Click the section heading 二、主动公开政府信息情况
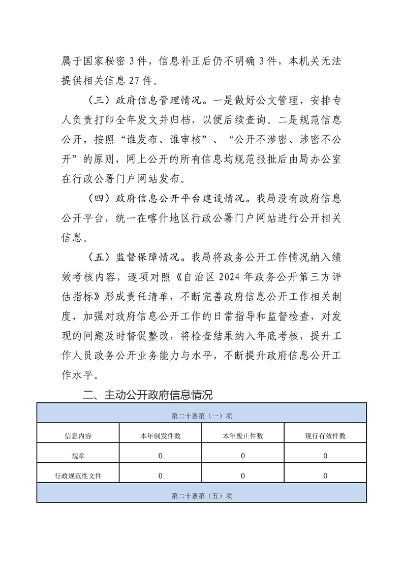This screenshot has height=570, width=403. pyautogui.click(x=148, y=394)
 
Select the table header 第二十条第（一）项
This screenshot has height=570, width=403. pyautogui.click(x=202, y=416)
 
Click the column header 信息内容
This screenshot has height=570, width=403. pyautogui.click(x=78, y=436)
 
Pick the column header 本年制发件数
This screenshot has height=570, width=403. pyautogui.click(x=161, y=436)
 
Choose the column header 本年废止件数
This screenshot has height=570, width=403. pyautogui.click(x=243, y=436)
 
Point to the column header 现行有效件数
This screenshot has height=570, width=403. pyautogui.click(x=325, y=436)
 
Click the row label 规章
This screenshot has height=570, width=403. pyautogui.click(x=78, y=456)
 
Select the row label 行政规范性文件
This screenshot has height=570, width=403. pyautogui.click(x=78, y=476)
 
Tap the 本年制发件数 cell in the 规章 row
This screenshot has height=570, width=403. pyautogui.click(x=161, y=456)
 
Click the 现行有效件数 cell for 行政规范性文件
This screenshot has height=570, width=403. pyautogui.click(x=325, y=476)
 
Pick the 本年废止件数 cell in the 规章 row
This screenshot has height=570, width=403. pyautogui.click(x=243, y=456)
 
